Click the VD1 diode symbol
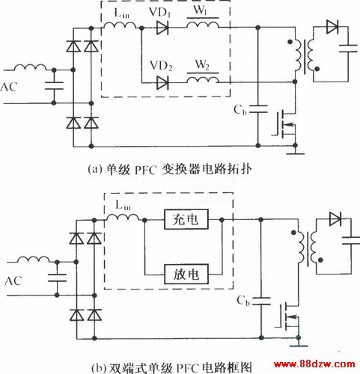click(x=162, y=28)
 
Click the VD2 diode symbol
click(x=162, y=83)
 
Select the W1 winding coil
click(x=203, y=25)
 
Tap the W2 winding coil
click(x=203, y=79)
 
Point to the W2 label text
click(x=202, y=65)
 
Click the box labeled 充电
click(x=186, y=219)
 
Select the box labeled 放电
click(x=186, y=275)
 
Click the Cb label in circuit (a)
click(x=240, y=110)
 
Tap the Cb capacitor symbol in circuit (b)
click(x=261, y=301)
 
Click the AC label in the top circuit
click(x=8, y=87)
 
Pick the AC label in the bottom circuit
click(x=13, y=280)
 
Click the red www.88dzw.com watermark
click(x=314, y=364)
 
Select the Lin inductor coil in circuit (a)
click(x=120, y=25)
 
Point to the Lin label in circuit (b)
click(x=123, y=206)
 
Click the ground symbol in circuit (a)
click(x=295, y=153)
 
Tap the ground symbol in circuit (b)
click(x=299, y=344)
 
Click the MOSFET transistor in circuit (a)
click(x=284, y=125)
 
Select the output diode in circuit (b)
click(x=335, y=219)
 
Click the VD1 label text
click(x=160, y=12)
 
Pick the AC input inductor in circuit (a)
click(x=30, y=67)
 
